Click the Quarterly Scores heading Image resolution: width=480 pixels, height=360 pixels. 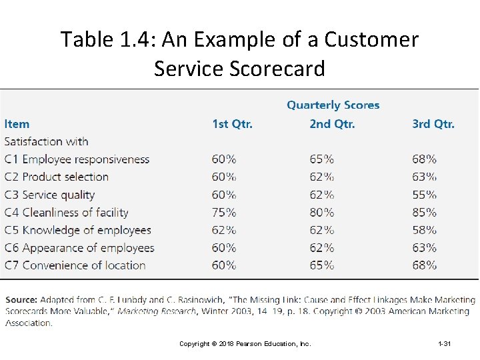[x=333, y=105]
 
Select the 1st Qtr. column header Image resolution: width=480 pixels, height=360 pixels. [x=232, y=124]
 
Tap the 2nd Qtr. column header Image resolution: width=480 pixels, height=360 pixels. [x=332, y=124]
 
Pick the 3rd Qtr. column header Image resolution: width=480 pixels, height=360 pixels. [x=433, y=124]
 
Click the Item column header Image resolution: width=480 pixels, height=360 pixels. [x=17, y=124]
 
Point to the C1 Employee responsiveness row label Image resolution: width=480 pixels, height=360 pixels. [x=77, y=159]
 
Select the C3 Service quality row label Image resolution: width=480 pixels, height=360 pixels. [x=49, y=195]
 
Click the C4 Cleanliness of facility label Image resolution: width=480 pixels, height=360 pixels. [x=66, y=213]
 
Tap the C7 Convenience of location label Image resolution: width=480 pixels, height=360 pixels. [x=75, y=265]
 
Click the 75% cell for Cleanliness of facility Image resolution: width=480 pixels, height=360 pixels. [x=224, y=213]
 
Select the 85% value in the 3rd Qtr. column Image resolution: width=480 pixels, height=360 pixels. [x=424, y=213]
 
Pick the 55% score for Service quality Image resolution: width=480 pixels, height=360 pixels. [x=424, y=195]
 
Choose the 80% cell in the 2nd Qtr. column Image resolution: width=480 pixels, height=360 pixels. [x=322, y=213]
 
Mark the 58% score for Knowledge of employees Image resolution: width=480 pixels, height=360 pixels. [x=424, y=230]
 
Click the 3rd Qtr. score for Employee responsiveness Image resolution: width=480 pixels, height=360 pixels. [x=424, y=159]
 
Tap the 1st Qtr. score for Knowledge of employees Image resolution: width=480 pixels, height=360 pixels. [x=224, y=230]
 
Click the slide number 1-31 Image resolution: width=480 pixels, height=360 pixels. [x=445, y=344]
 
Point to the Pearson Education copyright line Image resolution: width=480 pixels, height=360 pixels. [x=245, y=344]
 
